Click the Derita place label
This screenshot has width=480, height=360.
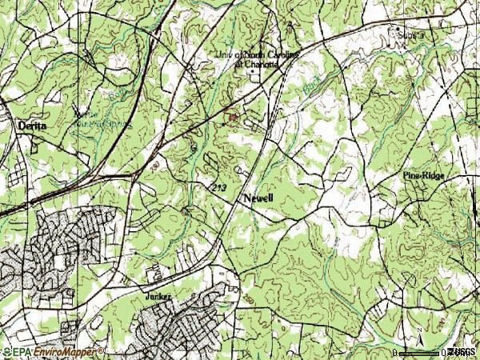[x=31, y=126]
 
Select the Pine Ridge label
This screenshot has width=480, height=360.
[x=423, y=174]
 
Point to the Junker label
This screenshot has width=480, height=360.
[x=158, y=296]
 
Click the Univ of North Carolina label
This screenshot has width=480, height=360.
[x=258, y=54]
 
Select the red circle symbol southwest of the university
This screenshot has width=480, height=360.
[x=232, y=118]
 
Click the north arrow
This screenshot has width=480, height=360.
[x=418, y=336]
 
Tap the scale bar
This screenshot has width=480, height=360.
[x=420, y=352]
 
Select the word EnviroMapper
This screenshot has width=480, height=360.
[x=60, y=352]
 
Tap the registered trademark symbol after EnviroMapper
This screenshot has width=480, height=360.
[x=102, y=350]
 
